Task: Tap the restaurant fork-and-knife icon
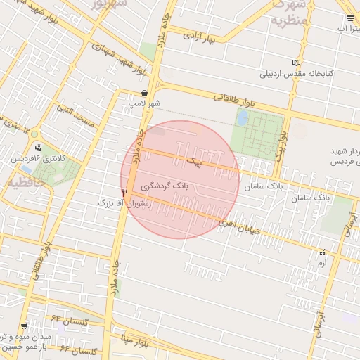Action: (124, 192)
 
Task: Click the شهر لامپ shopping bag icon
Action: (144, 93)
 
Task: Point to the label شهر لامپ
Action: (144, 103)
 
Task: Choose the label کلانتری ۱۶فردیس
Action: (41, 159)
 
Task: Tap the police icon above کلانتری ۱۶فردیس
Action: (37, 148)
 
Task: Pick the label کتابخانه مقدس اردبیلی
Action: (296, 73)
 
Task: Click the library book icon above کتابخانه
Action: (296, 63)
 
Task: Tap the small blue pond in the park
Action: (243, 118)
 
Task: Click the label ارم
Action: (322, 262)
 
